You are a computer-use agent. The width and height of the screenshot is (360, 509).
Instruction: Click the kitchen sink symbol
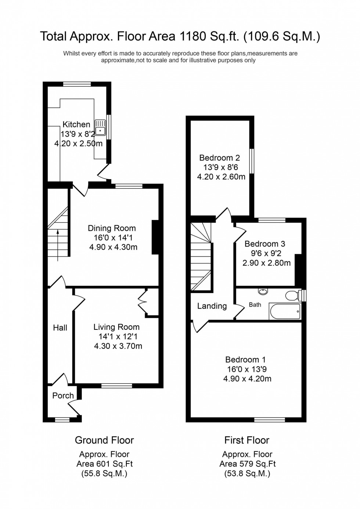[x=100, y=128]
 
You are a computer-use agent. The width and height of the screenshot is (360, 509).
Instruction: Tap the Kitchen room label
[x=76, y=124]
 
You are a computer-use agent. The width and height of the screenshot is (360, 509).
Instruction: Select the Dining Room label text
[x=112, y=228]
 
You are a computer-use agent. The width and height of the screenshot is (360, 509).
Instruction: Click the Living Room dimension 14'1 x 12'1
[x=118, y=336]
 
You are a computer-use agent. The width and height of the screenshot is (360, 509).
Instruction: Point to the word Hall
[x=60, y=328]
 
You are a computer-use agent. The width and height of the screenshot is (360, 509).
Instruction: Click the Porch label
[x=63, y=396]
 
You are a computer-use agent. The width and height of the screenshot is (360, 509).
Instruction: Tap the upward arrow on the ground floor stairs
[x=58, y=245]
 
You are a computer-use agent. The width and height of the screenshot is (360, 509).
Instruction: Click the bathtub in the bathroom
[x=285, y=311]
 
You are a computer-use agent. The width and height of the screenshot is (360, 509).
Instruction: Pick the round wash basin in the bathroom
[x=263, y=291]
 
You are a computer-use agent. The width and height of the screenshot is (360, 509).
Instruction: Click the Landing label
[x=212, y=306]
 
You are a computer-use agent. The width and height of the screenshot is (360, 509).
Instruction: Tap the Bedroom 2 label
[x=220, y=158]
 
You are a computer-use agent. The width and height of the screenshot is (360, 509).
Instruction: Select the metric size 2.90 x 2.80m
[x=266, y=263]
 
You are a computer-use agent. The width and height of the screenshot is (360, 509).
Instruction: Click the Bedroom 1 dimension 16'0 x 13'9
[x=247, y=369]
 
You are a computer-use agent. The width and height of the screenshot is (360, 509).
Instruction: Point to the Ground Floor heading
[x=104, y=440]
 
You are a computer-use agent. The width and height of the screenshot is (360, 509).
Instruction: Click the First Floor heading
[x=247, y=440]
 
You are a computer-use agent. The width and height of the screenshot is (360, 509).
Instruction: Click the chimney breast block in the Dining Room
[x=155, y=237]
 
